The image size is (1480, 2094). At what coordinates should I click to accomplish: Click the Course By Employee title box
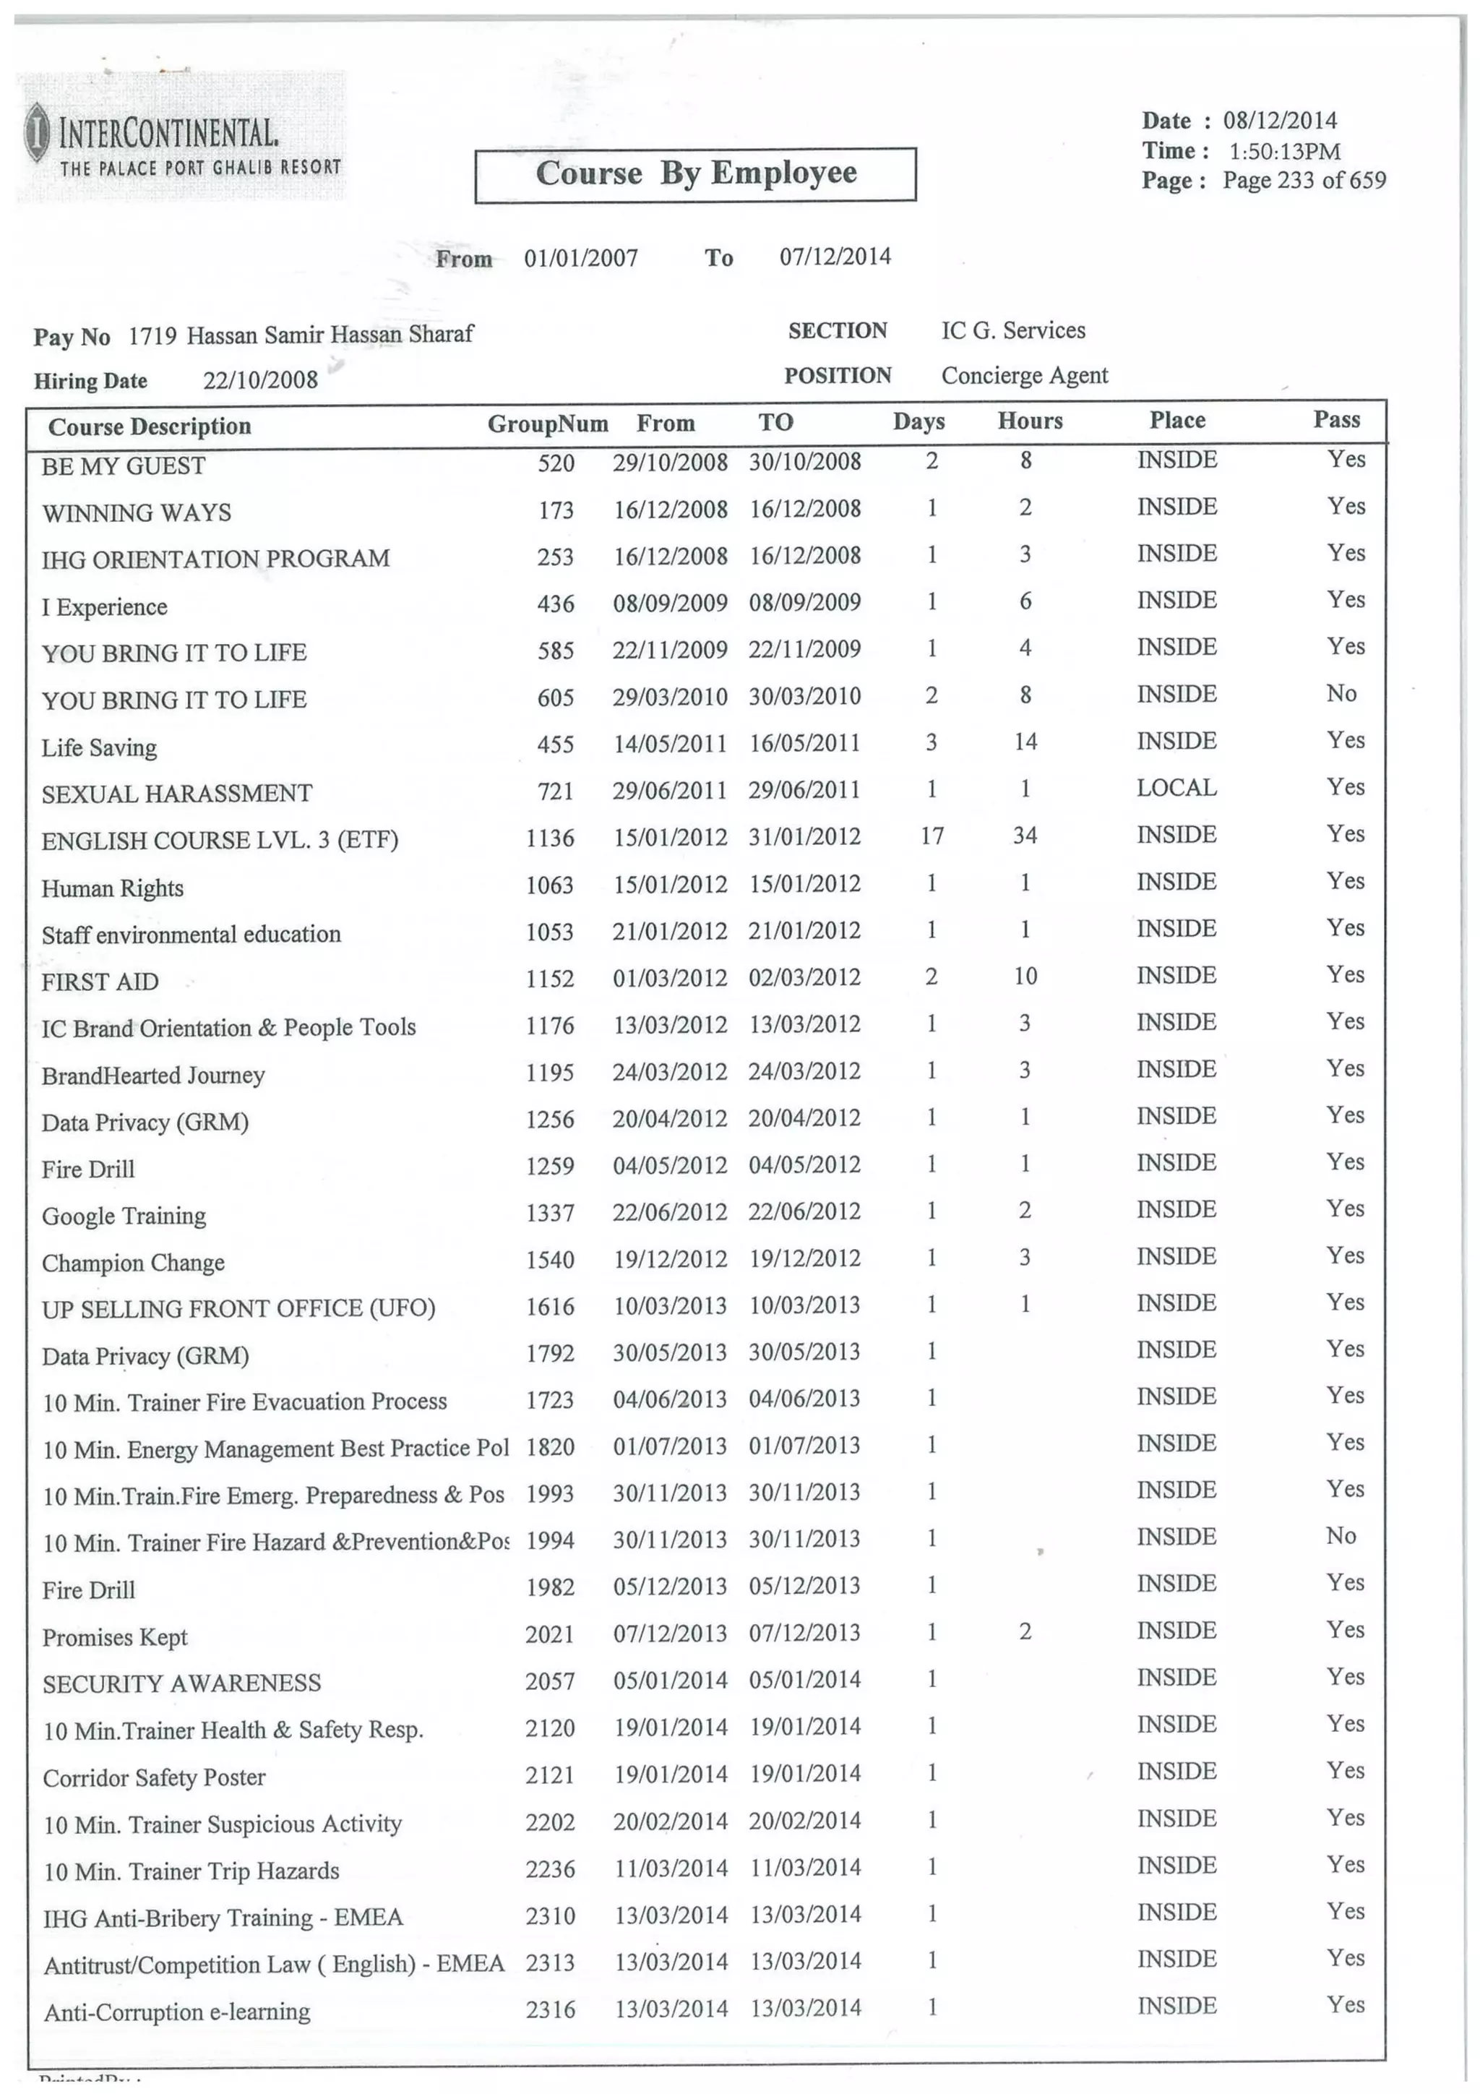pyautogui.click(x=695, y=173)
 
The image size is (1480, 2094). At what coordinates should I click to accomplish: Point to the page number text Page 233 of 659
pyautogui.click(x=1303, y=181)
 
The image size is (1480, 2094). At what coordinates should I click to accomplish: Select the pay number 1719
pyautogui.click(x=151, y=335)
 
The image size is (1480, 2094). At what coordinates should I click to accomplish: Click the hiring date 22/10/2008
pyautogui.click(x=260, y=379)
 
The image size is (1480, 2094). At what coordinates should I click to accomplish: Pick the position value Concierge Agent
pyautogui.click(x=1024, y=376)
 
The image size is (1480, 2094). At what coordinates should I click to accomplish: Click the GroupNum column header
pyautogui.click(x=547, y=424)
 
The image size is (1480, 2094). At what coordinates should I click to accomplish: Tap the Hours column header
pyautogui.click(x=1030, y=421)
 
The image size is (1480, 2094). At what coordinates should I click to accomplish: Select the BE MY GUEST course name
pyautogui.click(x=123, y=466)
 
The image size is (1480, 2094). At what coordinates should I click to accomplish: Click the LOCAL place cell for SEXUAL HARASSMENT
pyautogui.click(x=1176, y=788)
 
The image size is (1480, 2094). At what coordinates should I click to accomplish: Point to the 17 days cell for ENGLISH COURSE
pyautogui.click(x=931, y=836)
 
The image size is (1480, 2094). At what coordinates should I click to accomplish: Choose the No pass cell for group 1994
pyautogui.click(x=1341, y=1536)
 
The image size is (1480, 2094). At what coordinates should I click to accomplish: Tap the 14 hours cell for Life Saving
pyautogui.click(x=1025, y=742)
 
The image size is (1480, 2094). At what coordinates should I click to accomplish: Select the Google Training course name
pyautogui.click(x=124, y=1216)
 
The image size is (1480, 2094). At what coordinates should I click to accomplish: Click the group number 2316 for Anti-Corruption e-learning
pyautogui.click(x=550, y=2009)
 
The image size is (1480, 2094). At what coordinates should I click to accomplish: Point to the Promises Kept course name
pyautogui.click(x=115, y=1637)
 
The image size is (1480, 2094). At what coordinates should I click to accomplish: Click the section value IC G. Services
pyautogui.click(x=1013, y=330)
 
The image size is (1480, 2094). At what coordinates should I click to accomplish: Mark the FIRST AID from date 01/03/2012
pyautogui.click(x=669, y=979)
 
